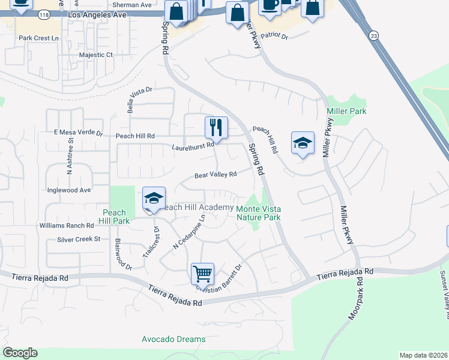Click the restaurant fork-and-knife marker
[x=216, y=128]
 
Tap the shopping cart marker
[x=203, y=274]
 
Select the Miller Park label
[x=346, y=112]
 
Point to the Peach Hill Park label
[x=114, y=217]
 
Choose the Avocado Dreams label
[x=174, y=339]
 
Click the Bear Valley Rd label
[x=216, y=175]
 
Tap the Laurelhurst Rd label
[x=193, y=146]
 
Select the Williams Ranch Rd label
[x=67, y=226]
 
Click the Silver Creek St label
[x=79, y=239]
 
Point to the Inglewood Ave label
[x=69, y=190]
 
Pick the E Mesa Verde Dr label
[x=79, y=133]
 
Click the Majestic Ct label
[x=96, y=55]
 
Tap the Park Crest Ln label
[x=40, y=38]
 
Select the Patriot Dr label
[x=276, y=37]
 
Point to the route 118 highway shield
[x=44, y=14]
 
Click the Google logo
[x=20, y=353]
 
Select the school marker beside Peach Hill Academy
[x=154, y=199]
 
